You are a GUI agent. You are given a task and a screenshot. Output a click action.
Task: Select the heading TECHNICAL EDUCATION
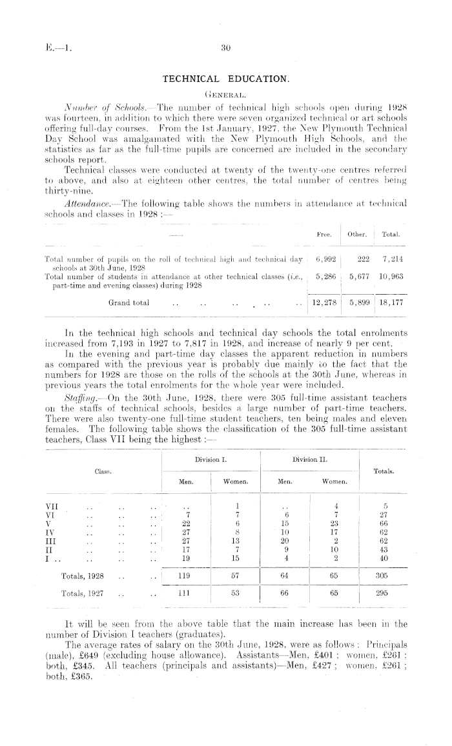point(225,78)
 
